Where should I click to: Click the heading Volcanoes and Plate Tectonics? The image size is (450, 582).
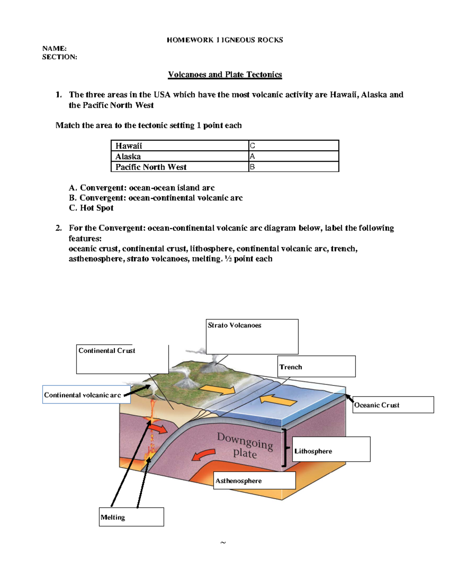point(225,75)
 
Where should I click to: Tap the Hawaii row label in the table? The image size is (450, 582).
point(129,146)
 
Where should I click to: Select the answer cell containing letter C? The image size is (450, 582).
point(293,146)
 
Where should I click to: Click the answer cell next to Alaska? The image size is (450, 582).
point(293,156)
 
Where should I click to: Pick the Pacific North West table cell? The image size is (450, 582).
point(151,167)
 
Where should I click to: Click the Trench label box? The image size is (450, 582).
point(316,367)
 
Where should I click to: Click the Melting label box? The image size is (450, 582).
point(131,517)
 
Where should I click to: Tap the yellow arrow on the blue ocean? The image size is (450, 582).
point(278,400)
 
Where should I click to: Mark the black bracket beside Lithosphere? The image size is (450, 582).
point(285,448)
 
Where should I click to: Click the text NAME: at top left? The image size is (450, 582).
point(54,48)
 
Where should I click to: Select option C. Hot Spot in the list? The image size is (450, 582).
point(91,208)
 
